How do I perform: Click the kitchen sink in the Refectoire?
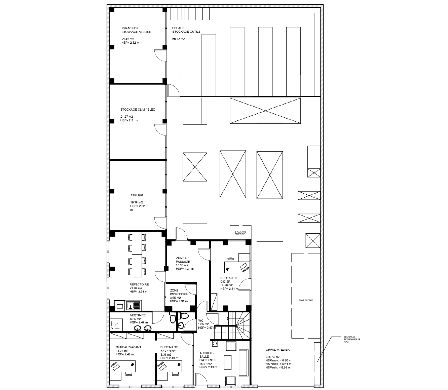click(134, 305)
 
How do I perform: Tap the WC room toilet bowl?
click(185, 316)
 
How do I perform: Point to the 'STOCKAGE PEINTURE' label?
click(240, 233)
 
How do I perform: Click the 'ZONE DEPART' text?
click(306, 300)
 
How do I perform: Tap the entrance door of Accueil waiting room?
click(201, 382)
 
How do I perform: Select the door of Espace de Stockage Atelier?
click(160, 55)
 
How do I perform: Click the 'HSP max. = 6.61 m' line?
click(278, 364)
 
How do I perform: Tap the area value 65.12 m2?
click(179, 39)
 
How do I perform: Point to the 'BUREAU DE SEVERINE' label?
click(169, 349)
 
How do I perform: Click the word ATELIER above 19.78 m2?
click(137, 195)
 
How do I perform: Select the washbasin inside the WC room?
click(181, 325)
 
